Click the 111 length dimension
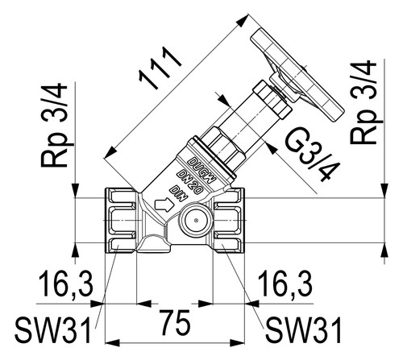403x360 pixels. (160, 68)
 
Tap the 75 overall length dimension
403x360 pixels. (175, 322)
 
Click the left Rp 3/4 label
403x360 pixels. (54, 125)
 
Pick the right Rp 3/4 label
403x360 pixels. (364, 101)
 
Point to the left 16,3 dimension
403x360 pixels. (66, 283)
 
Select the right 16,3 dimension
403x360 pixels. (285, 283)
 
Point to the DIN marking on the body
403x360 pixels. (178, 194)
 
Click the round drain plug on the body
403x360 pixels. (196, 221)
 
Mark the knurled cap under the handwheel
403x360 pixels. (272, 100)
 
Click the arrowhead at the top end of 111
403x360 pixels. (243, 20)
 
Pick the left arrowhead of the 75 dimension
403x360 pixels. (112, 343)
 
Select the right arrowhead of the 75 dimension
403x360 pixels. (237, 343)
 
